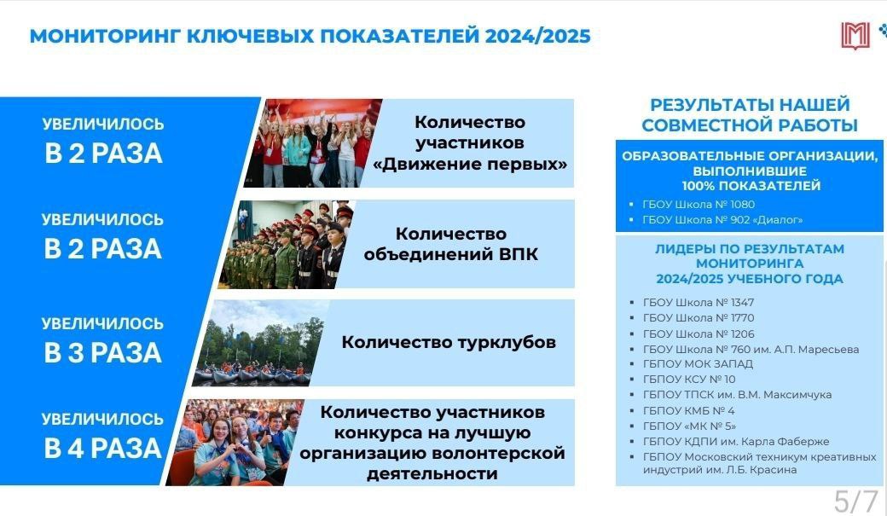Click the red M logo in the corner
tap(855, 36)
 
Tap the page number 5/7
tap(856, 502)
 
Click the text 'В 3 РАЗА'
tap(103, 352)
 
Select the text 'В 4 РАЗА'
tap(103, 448)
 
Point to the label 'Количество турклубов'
tap(449, 342)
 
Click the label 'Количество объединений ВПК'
tap(451, 244)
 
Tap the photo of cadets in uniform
tap(286, 245)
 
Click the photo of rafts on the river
tap(260, 343)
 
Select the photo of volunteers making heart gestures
tap(235, 443)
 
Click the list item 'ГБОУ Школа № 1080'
tap(699, 204)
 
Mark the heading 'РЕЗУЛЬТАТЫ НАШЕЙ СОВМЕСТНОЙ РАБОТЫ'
tap(750, 115)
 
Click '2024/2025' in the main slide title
tap(537, 36)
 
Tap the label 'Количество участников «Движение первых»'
tap(470, 143)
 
